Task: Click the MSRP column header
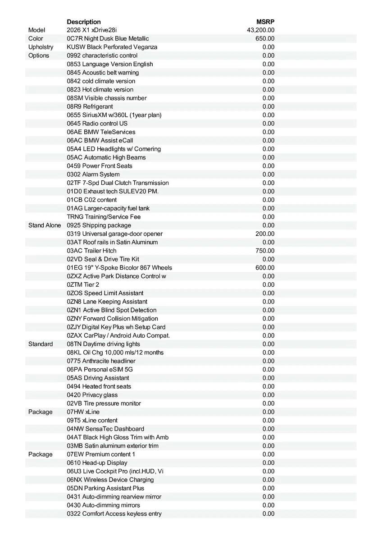(265, 22)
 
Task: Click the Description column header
(84, 22)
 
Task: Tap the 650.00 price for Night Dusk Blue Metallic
(265, 39)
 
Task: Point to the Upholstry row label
(41, 47)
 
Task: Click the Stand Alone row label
(45, 225)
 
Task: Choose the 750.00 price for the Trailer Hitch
(265, 251)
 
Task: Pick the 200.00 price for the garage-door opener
(265, 234)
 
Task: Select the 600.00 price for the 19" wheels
(265, 268)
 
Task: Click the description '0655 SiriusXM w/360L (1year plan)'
(114, 115)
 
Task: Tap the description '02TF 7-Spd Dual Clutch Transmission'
(118, 183)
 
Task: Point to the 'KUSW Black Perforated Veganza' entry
(112, 47)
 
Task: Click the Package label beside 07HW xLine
(41, 412)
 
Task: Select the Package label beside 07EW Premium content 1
(41, 454)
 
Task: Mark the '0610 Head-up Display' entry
(97, 463)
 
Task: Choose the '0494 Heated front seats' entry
(99, 386)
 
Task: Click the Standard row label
(41, 344)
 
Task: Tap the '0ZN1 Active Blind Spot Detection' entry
(112, 310)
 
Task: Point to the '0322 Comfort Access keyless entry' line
(114, 514)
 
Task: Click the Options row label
(39, 56)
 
